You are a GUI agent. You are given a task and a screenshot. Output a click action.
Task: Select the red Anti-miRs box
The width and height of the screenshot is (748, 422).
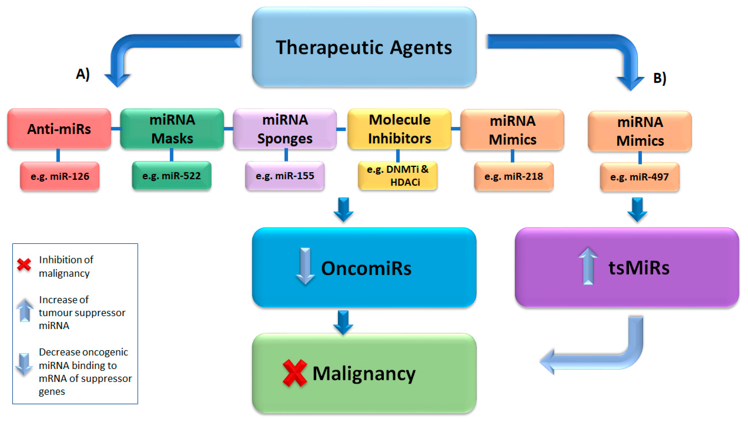pos(59,129)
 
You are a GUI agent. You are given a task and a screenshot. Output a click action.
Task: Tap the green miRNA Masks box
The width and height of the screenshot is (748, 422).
pos(172,129)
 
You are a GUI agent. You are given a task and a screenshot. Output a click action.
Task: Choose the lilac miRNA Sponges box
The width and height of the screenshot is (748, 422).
pos(285,129)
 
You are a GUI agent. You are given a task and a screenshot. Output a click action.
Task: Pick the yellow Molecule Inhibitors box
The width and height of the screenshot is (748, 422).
pos(399,129)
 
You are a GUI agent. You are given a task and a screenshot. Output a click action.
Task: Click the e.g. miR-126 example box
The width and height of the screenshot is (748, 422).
pos(60,176)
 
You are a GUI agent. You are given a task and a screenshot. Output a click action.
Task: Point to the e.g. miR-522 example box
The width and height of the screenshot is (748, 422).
pos(171,176)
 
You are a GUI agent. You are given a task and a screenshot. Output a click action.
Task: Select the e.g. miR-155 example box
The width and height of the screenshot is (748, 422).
pos(285,176)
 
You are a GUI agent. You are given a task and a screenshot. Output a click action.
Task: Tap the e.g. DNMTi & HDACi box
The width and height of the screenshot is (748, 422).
pos(398,176)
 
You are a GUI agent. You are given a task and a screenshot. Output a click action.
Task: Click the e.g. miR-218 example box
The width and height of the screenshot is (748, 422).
pos(514,176)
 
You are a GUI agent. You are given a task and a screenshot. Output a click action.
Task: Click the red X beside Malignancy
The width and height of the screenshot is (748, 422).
pos(294,373)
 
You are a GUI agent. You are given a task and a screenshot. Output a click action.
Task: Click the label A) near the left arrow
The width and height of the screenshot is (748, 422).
pos(83,74)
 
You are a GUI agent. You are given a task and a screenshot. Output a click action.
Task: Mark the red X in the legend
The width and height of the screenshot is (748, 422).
pos(24,264)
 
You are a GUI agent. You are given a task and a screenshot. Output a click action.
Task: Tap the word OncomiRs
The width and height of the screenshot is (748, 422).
pos(366,268)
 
